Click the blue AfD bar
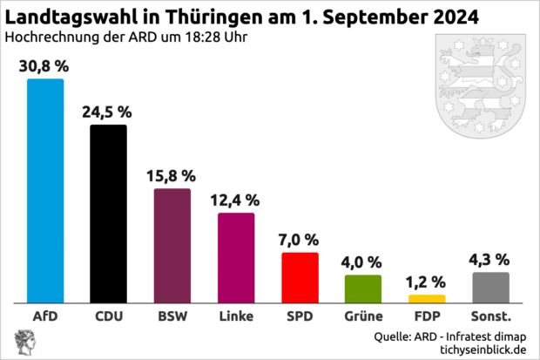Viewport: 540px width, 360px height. (x=45, y=190)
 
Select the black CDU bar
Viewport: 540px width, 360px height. (x=109, y=214)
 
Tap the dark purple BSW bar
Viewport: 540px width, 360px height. (x=172, y=245)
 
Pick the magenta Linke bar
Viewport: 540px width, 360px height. (x=236, y=257)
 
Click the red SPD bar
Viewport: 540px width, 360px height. (x=300, y=277)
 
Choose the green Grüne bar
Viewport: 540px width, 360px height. (x=363, y=289)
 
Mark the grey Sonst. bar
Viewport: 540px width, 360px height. (x=490, y=287)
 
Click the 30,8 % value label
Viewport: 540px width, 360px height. (x=45, y=65)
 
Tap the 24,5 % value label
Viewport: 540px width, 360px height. (x=109, y=112)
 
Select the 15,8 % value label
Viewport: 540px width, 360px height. (x=172, y=176)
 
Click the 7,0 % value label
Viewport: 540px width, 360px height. (x=300, y=240)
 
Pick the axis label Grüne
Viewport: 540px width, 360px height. (x=363, y=316)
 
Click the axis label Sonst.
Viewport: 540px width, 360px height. (x=490, y=315)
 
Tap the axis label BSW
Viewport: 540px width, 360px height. (x=172, y=315)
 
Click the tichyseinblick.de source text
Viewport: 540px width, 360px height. (x=476, y=349)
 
